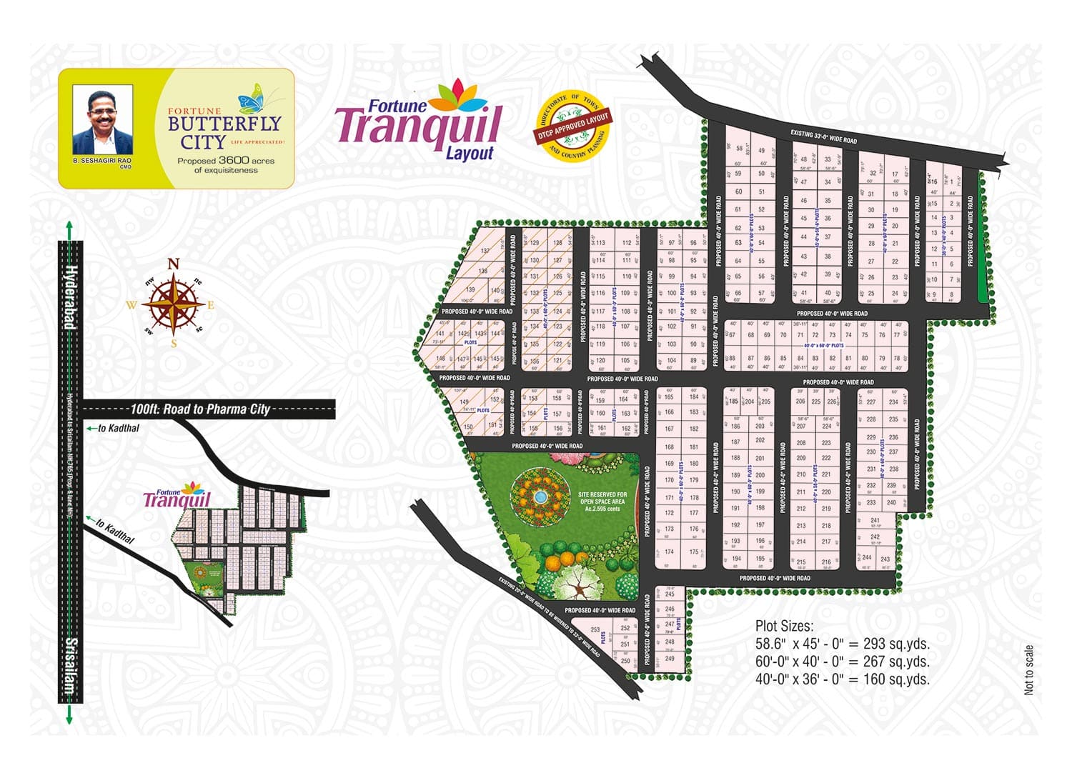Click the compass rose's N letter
click(173, 264)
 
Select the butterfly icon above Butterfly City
click(251, 99)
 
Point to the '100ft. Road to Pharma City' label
click(200, 409)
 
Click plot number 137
click(485, 251)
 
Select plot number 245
click(670, 594)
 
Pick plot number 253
click(595, 630)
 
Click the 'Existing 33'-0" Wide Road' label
click(823, 136)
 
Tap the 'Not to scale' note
click(1028, 669)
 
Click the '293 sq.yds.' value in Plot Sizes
click(896, 644)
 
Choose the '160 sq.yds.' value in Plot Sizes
click(896, 679)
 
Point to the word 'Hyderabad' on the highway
click(70, 296)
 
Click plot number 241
click(875, 521)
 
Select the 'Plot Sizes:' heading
click(784, 627)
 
